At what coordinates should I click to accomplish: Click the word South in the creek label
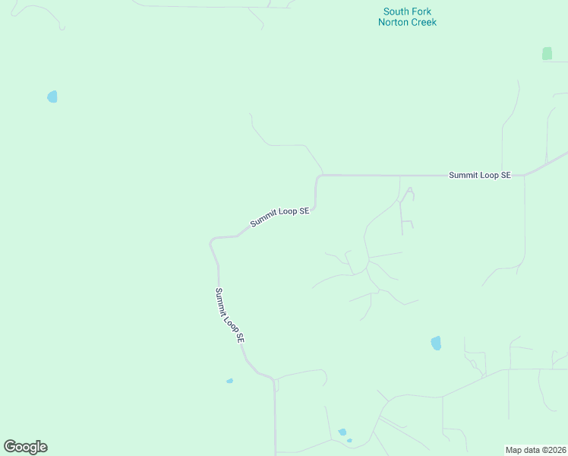tap(397, 11)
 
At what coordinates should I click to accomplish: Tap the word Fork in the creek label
tap(422, 11)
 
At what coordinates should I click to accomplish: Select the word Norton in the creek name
tap(393, 22)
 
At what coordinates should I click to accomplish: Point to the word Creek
tap(423, 22)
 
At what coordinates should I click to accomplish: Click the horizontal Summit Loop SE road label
tap(480, 175)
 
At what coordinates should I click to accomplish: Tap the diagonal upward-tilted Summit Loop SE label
tap(279, 217)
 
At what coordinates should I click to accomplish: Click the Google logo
tap(25, 447)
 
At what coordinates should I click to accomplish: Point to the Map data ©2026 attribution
tap(535, 449)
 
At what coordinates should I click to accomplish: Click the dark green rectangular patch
tap(547, 53)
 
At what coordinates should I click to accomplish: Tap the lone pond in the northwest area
tap(52, 97)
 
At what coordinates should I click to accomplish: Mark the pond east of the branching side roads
tap(436, 343)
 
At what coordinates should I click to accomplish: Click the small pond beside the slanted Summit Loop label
tap(229, 381)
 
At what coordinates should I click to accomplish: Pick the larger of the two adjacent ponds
tap(342, 432)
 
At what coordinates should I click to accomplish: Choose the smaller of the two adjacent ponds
tap(349, 440)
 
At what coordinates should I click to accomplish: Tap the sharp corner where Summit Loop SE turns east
tap(319, 176)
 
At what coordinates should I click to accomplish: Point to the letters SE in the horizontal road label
tap(505, 175)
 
